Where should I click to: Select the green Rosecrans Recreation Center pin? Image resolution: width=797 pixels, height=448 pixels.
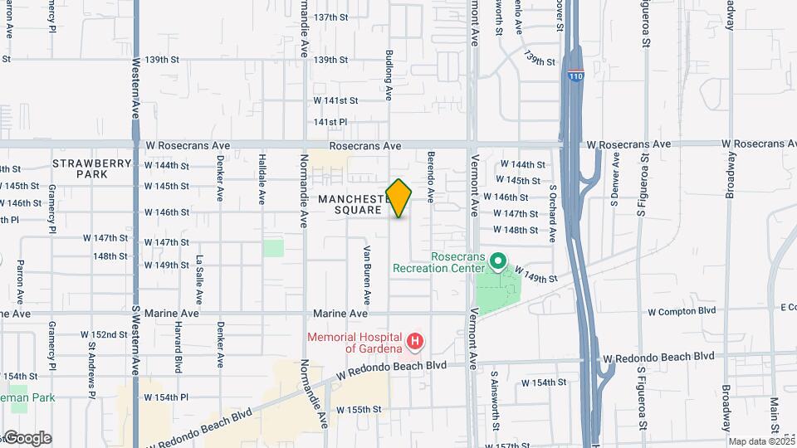click(498, 263)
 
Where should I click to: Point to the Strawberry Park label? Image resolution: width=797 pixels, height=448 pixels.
click(92, 169)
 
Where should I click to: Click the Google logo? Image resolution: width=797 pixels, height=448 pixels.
click(27, 438)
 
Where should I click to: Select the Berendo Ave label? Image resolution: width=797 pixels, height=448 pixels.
click(431, 177)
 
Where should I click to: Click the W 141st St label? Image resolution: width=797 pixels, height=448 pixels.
click(335, 100)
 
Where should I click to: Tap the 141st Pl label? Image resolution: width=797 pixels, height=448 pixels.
click(330, 122)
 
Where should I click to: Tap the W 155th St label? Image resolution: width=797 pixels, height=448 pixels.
click(359, 410)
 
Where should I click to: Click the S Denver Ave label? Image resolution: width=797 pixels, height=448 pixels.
click(615, 190)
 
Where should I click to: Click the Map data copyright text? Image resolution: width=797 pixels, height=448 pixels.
click(760, 441)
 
